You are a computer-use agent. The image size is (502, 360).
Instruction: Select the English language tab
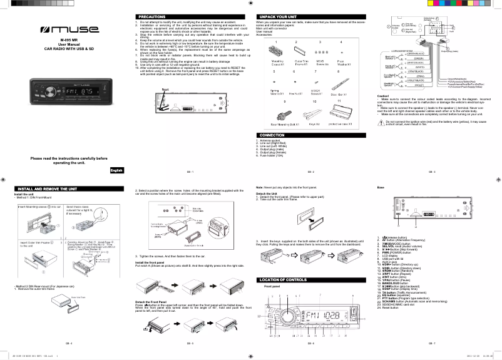pyautogui.click(x=116, y=170)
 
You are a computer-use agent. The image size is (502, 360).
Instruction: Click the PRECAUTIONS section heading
pyautogui.click(x=151, y=16)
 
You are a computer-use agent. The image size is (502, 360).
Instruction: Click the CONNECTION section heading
pyautogui.click(x=272, y=135)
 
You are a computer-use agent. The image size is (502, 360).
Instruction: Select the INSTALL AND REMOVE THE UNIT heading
pyautogui.click(x=48, y=188)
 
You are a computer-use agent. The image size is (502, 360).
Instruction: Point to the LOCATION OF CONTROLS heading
pyautogui.click(x=283, y=279)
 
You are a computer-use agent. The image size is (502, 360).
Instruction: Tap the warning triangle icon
pyautogui.click(x=381, y=123)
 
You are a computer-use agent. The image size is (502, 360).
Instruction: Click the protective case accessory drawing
pyautogui.click(x=339, y=115)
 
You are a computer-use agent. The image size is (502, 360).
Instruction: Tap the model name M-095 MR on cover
pyautogui.click(x=68, y=40)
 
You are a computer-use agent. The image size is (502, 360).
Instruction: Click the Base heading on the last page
pyautogui.click(x=381, y=188)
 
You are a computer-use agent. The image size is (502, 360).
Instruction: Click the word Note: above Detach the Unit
pyautogui.click(x=260, y=188)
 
